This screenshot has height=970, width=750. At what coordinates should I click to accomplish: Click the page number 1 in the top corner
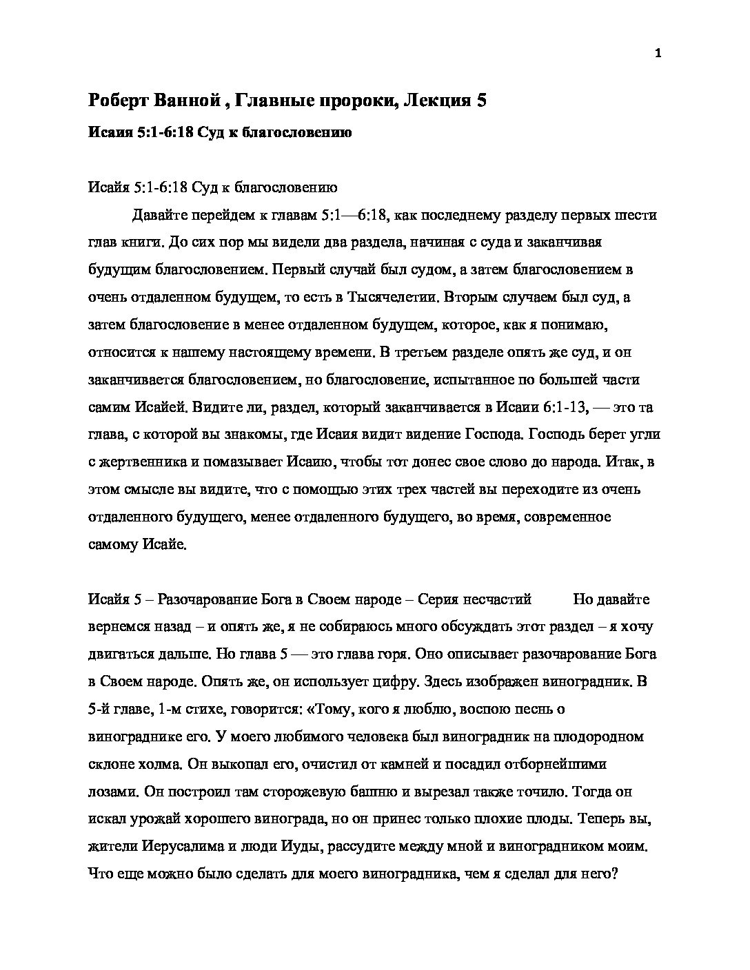pyautogui.click(x=658, y=54)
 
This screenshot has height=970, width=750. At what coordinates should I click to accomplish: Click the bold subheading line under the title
pyautogui.click(x=220, y=132)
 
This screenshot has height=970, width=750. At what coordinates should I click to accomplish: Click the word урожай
pyautogui.click(x=150, y=819)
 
